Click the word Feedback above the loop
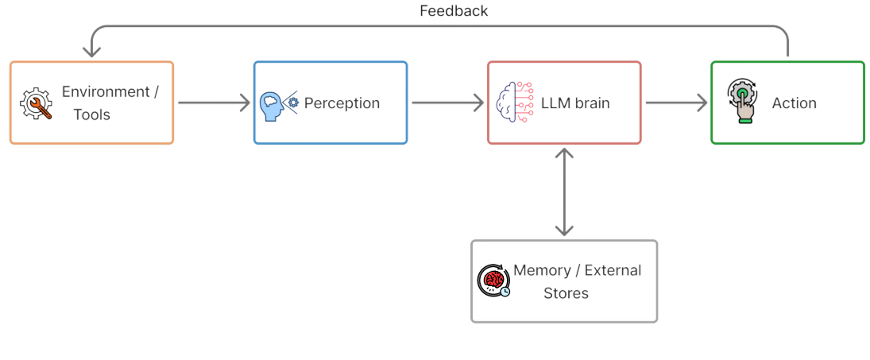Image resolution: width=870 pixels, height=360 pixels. tap(454, 11)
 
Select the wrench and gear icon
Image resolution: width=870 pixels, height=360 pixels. tap(36, 103)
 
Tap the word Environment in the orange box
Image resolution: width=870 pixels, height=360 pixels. tap(106, 91)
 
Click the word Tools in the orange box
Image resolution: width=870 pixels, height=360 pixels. tap(91, 114)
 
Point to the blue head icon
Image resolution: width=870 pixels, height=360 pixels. tap(273, 104)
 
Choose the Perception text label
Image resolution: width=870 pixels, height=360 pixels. tap(342, 103)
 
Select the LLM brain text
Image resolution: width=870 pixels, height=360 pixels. tap(574, 103)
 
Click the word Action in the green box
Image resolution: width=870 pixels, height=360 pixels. tap(794, 103)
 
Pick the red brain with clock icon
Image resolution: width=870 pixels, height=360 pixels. tap(493, 281)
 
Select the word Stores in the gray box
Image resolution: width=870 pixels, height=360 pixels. tap(566, 293)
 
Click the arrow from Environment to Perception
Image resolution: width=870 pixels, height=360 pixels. tap(214, 103)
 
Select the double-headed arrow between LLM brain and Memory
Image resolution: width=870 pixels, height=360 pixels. tap(564, 192)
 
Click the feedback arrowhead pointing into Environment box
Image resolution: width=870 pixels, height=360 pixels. tap(92, 51)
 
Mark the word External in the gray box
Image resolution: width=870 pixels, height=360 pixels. tap(613, 270)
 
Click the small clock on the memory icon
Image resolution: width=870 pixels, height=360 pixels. tap(505, 292)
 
